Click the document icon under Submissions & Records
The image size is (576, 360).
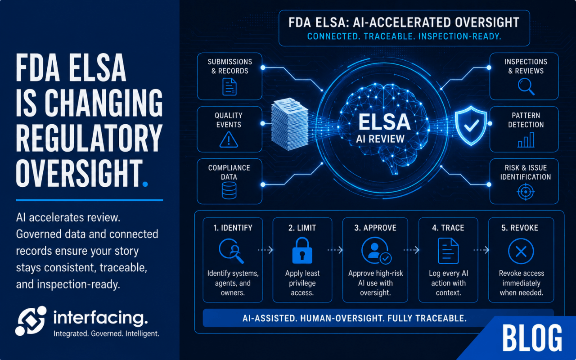(229, 87)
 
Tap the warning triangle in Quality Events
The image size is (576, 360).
(229, 139)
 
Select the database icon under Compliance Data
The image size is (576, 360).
(229, 190)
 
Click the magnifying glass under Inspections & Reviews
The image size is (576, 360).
(526, 86)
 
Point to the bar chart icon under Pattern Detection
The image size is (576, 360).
(526, 140)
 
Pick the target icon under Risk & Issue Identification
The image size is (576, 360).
(526, 192)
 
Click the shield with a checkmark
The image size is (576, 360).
(471, 126)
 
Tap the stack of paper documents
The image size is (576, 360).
(289, 124)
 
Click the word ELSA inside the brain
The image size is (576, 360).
(384, 122)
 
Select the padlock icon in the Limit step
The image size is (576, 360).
(302, 251)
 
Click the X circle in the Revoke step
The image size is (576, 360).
(521, 251)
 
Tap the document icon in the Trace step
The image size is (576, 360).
(448, 251)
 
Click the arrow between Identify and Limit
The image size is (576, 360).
(265, 250)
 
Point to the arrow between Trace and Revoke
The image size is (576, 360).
(481, 250)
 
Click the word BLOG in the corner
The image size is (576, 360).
(532, 338)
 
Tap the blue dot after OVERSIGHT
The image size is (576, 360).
(145, 184)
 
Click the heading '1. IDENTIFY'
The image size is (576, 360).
(233, 228)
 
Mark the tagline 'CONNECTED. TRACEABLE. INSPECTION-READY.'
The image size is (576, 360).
(404, 36)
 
